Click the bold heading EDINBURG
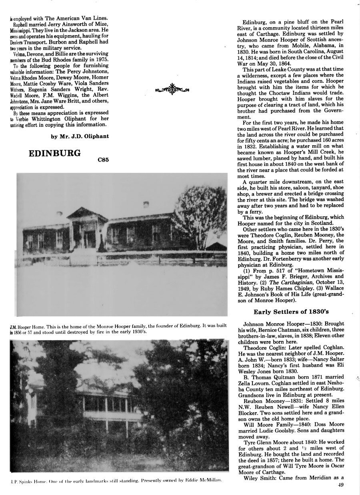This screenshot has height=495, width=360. (55, 153)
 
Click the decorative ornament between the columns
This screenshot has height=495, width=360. (171, 89)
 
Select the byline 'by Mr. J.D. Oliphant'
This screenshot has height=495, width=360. (80, 136)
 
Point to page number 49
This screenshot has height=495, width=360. (338, 486)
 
